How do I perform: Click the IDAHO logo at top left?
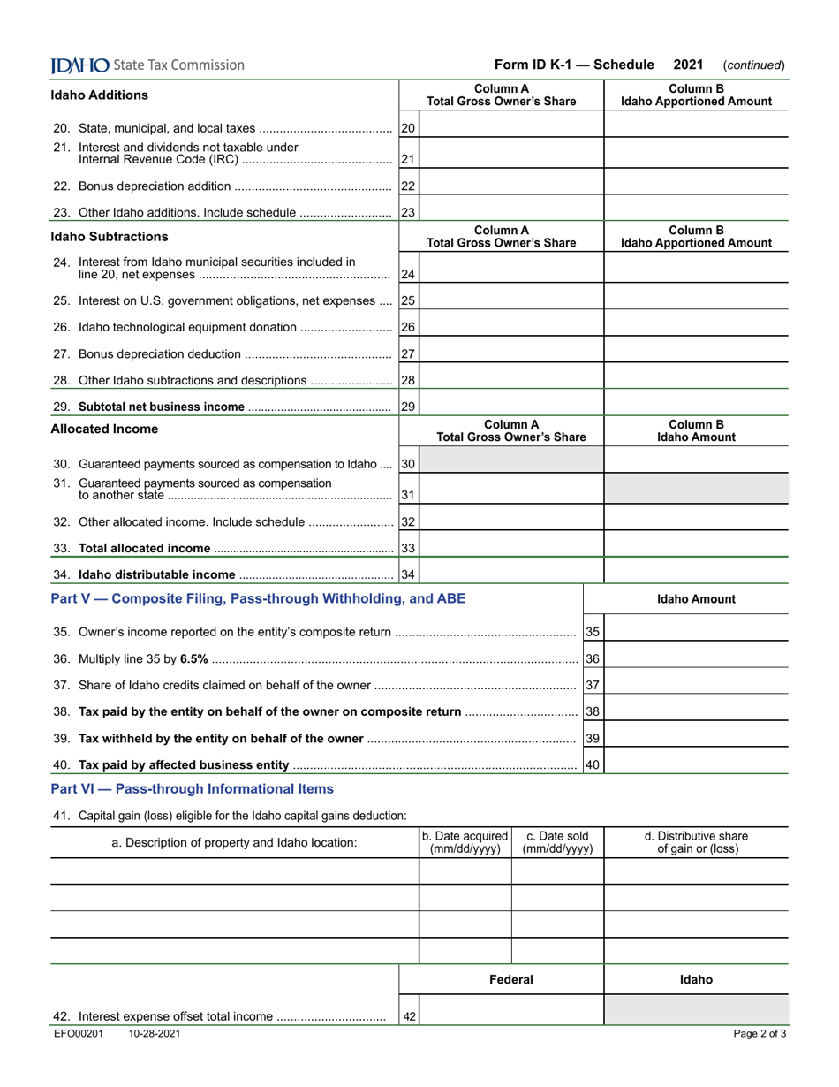click(80, 65)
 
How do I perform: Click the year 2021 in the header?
click(688, 65)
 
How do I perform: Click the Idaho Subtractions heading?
click(110, 237)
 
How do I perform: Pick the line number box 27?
click(408, 354)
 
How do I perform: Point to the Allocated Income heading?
click(104, 429)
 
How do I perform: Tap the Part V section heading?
click(258, 599)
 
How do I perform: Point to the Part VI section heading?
click(193, 788)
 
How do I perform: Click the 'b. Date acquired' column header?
click(465, 842)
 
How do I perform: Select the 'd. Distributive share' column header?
click(696, 842)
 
